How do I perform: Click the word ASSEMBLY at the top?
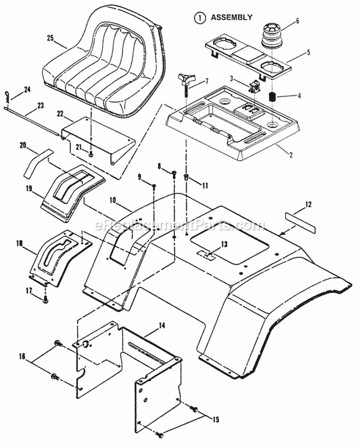tap(232, 17)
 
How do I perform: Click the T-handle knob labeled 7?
tap(185, 81)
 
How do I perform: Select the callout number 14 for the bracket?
tap(161, 326)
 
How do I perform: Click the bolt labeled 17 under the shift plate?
tap(45, 300)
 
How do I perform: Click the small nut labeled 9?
tap(153, 185)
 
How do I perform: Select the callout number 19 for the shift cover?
tap(30, 189)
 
